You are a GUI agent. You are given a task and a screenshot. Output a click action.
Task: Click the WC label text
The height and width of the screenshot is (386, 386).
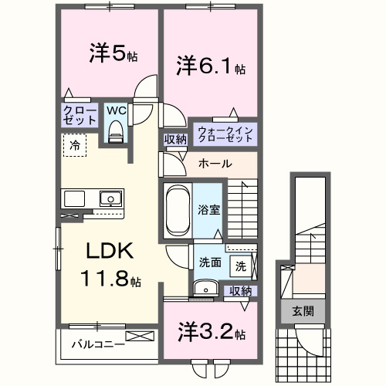(115, 110)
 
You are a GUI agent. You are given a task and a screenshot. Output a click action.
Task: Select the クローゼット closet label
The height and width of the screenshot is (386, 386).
(80, 116)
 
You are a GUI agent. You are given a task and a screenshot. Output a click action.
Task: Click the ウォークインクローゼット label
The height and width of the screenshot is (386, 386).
(224, 134)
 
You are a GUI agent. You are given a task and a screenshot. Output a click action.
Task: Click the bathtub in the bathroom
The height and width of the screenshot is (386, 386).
(178, 208)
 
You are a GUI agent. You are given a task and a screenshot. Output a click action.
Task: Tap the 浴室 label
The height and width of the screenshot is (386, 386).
(208, 208)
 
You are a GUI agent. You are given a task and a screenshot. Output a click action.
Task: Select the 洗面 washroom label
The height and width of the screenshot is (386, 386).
(209, 262)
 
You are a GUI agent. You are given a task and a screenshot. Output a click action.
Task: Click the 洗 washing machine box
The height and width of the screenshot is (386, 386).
(240, 266)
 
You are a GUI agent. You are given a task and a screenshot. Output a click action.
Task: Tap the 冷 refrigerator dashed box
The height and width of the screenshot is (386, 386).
(74, 144)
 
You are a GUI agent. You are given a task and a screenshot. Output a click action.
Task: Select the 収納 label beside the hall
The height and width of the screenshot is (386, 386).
(174, 140)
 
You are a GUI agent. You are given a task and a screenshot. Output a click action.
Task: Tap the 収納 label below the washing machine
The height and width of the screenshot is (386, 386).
(241, 290)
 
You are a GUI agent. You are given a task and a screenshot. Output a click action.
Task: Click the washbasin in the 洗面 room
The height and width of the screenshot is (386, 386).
(204, 289)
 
